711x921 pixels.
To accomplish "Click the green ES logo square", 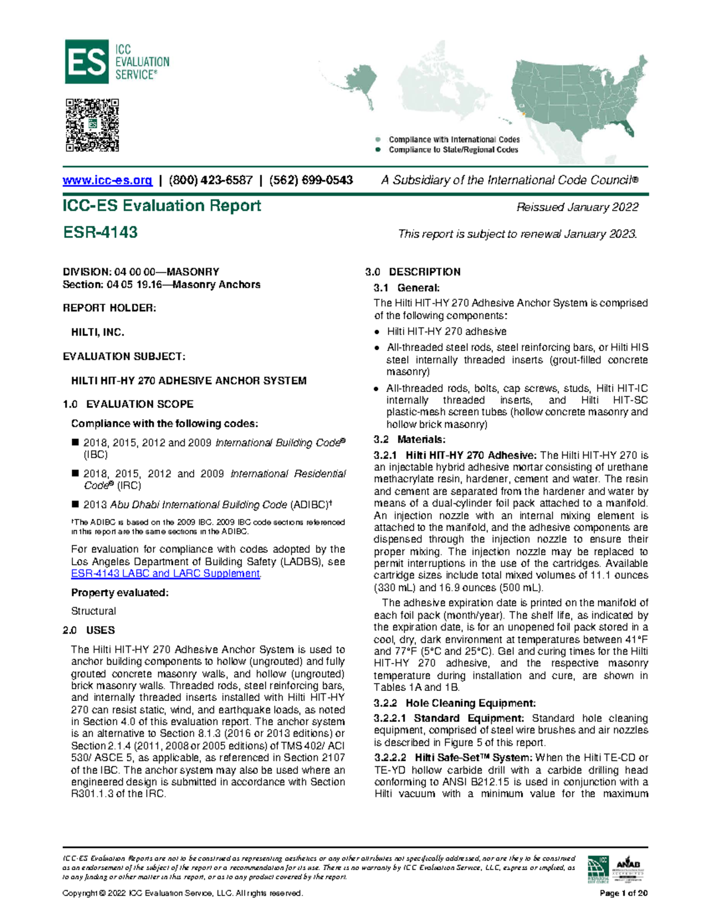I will [87, 62].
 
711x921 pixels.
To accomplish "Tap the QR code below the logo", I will [92, 125].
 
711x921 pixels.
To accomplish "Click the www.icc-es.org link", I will [107, 180].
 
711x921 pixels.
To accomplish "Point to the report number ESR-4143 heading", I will [100, 232].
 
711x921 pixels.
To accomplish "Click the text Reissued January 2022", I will [577, 207].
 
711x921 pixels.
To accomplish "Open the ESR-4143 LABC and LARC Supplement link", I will [165, 573].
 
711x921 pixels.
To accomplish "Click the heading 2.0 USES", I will [89, 630].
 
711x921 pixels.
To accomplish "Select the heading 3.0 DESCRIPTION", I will [413, 272].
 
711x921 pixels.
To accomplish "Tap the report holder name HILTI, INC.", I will [98, 332].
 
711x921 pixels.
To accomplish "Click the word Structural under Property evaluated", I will [94, 611].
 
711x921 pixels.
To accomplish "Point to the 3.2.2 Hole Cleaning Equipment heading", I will [454, 703].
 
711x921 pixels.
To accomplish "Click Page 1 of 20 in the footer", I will [623, 893].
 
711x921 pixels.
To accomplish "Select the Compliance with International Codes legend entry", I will [454, 139].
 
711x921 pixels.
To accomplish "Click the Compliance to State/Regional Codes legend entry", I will [453, 149].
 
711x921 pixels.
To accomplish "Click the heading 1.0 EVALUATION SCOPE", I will [128, 404].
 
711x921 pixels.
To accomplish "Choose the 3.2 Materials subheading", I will [409, 439].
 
